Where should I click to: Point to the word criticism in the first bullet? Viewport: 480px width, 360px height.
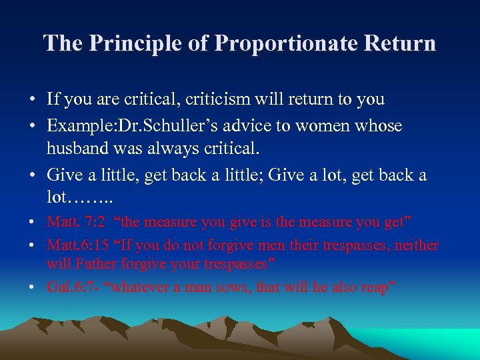coord(221,99)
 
